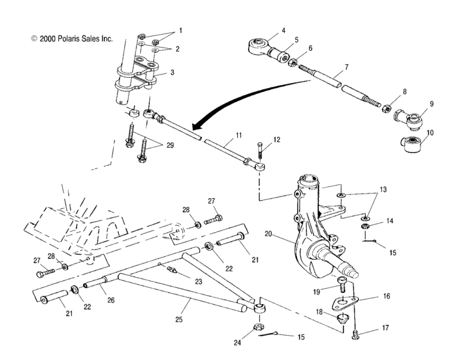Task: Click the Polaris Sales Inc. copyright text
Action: tap(71, 39)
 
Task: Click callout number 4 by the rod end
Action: tap(264, 30)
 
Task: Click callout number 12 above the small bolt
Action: tap(277, 139)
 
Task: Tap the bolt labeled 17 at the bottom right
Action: tap(357, 333)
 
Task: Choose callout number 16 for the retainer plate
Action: tap(385, 298)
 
